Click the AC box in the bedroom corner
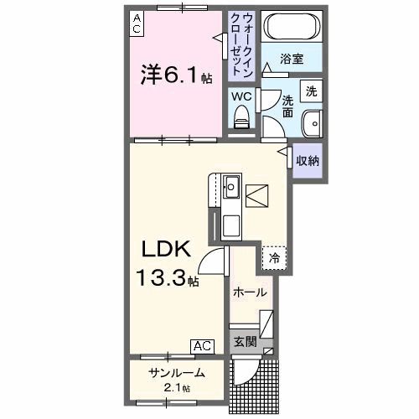[136, 22]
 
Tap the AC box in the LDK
[201, 344]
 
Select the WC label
[241, 96]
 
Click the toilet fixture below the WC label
[243, 121]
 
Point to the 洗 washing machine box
[310, 91]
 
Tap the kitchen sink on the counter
[231, 186]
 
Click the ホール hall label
[250, 292]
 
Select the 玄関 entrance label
[244, 341]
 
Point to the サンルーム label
[176, 372]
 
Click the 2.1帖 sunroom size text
[176, 388]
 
